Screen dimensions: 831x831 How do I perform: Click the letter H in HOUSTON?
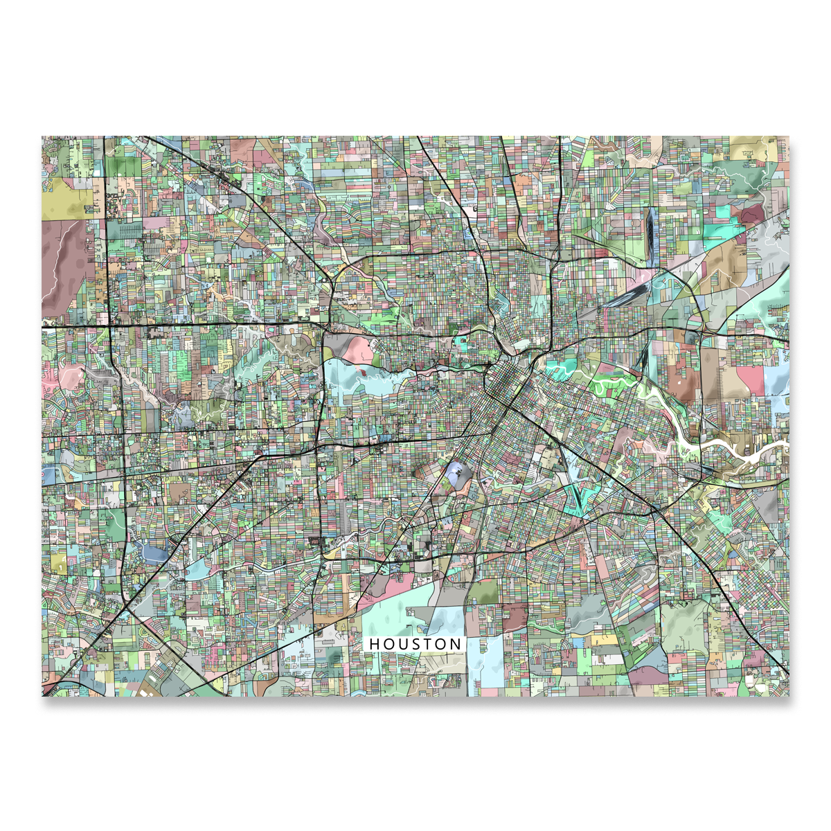tap(374, 644)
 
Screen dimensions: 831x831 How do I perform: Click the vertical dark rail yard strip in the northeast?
tap(650, 235)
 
